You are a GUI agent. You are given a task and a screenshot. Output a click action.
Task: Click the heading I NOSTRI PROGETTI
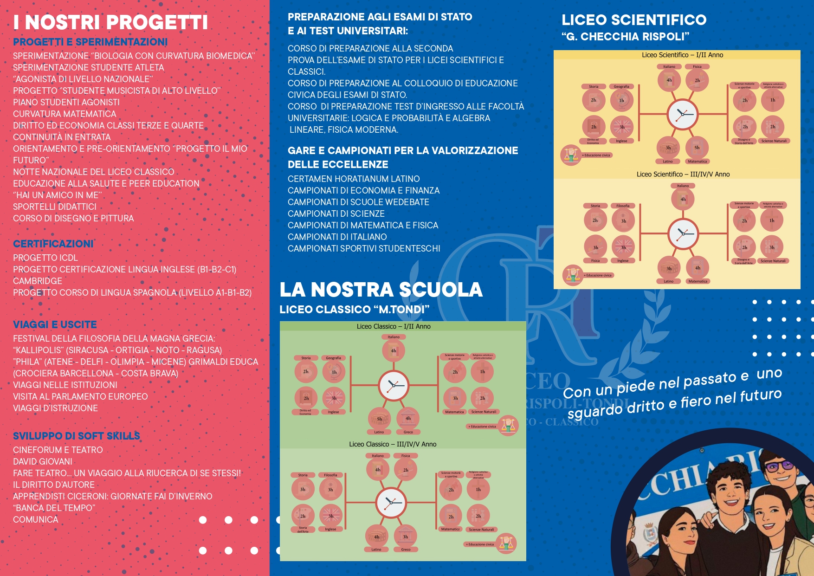point(110,22)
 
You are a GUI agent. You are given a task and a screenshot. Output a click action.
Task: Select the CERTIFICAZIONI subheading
point(53,244)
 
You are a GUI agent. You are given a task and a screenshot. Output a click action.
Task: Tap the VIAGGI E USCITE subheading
point(55,324)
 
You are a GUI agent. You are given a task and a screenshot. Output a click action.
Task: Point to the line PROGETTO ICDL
point(45,258)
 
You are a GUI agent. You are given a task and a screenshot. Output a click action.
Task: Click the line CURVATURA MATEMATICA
point(65,114)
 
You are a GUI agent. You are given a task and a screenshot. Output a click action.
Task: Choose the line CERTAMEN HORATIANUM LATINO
point(354,179)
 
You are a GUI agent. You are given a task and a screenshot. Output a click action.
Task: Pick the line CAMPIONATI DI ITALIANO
point(337,237)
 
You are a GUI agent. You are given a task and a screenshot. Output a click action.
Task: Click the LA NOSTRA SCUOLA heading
point(381,290)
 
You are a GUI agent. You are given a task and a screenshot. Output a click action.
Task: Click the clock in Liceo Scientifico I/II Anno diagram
point(682,114)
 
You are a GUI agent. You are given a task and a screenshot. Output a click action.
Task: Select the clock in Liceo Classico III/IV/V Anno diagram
point(391,503)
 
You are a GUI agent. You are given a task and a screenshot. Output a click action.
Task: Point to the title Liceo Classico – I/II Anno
point(394,326)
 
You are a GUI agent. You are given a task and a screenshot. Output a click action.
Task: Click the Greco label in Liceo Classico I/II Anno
point(408,432)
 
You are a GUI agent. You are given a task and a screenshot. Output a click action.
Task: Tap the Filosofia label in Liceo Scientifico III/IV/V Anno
point(623,206)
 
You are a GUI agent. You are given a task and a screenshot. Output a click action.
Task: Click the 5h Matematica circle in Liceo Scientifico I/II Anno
point(697,148)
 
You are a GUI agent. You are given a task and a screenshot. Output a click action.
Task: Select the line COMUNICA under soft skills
point(36,519)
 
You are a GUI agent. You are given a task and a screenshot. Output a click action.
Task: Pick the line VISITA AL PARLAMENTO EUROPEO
point(80,396)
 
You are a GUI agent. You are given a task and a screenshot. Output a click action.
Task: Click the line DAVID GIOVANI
point(43,461)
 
